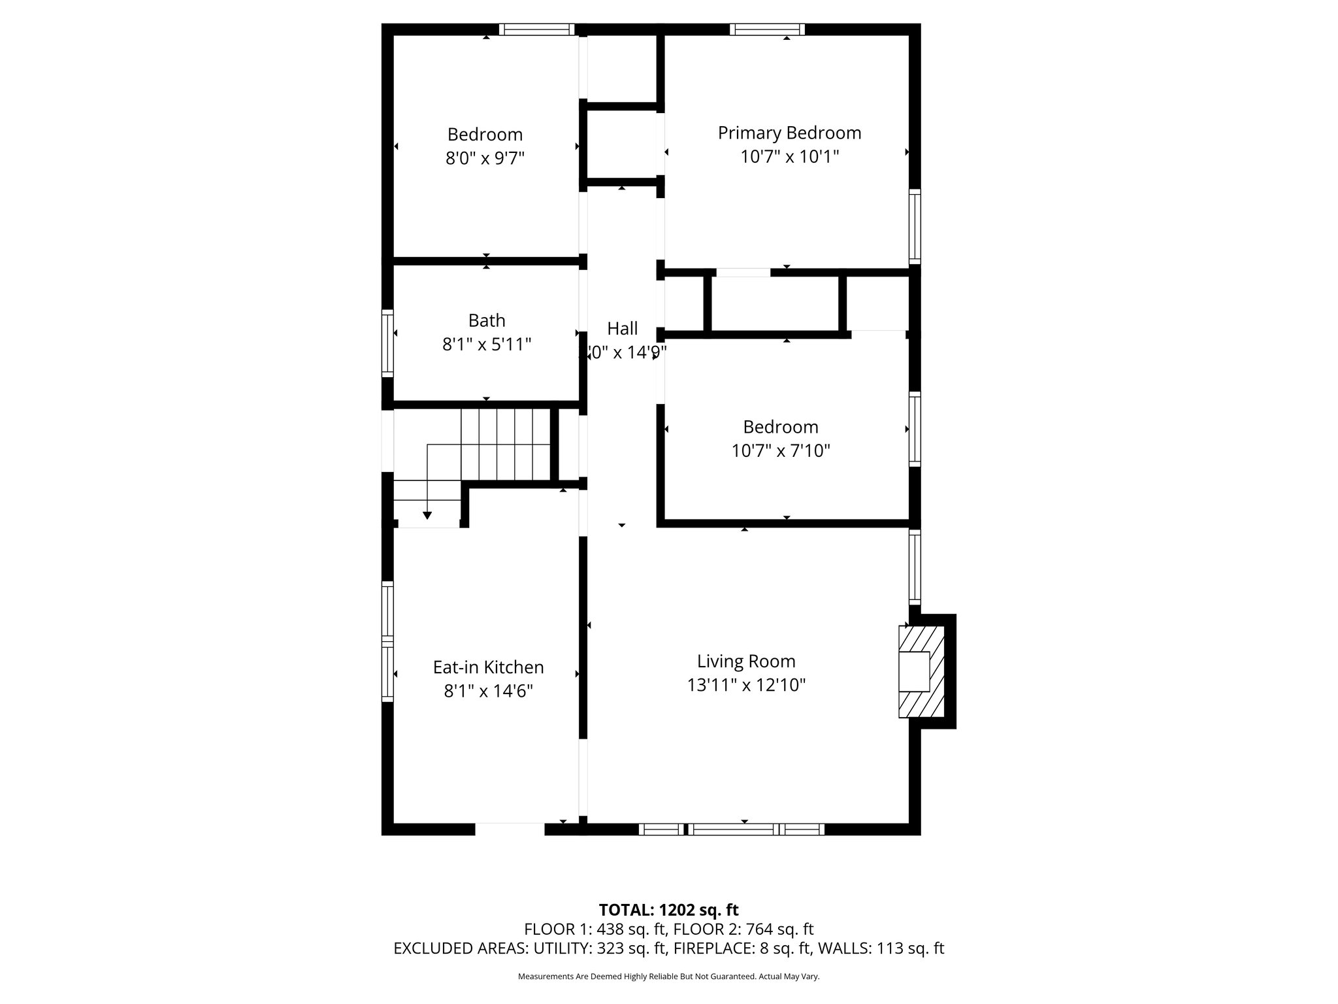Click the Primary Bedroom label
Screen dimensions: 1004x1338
(x=789, y=133)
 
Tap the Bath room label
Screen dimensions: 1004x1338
(x=487, y=320)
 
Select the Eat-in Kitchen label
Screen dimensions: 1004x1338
(x=488, y=667)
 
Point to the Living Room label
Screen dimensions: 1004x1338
(x=746, y=661)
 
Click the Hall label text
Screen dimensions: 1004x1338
(x=622, y=328)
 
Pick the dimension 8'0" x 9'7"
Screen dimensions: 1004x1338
(x=485, y=158)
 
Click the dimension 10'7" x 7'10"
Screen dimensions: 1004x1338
(x=781, y=450)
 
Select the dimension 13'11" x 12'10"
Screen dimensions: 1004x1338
(x=746, y=685)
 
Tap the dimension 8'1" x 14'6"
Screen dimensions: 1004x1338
(x=488, y=691)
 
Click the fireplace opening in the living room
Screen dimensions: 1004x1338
(x=914, y=671)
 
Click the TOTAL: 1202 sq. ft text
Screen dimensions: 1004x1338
(x=668, y=910)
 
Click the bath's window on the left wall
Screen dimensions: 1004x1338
(x=387, y=343)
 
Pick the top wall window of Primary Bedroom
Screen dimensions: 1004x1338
(x=767, y=29)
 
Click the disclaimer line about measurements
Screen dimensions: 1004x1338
(x=668, y=977)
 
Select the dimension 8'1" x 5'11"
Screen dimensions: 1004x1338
(x=487, y=344)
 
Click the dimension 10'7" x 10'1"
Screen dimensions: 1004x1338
(x=789, y=157)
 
